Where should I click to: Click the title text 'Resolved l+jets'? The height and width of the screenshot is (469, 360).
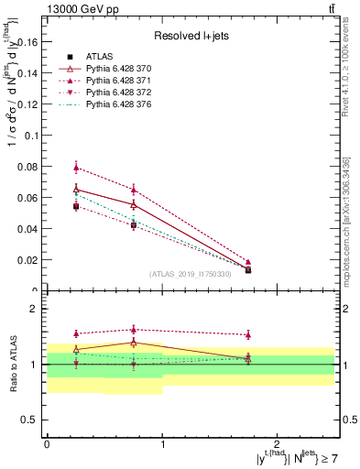click(191, 36)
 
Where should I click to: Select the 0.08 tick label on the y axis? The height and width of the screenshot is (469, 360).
click(29, 167)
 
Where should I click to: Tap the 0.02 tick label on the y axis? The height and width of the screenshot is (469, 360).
click(29, 260)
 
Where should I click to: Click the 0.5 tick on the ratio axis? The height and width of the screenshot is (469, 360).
click(33, 420)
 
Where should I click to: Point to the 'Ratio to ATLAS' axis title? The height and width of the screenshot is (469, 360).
click(12, 364)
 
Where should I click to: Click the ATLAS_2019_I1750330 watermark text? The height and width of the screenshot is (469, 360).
click(191, 274)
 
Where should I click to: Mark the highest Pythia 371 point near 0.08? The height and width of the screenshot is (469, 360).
click(76, 167)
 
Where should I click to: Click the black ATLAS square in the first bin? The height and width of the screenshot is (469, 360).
click(76, 207)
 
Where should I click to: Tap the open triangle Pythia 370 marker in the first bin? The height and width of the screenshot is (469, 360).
click(76, 190)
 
